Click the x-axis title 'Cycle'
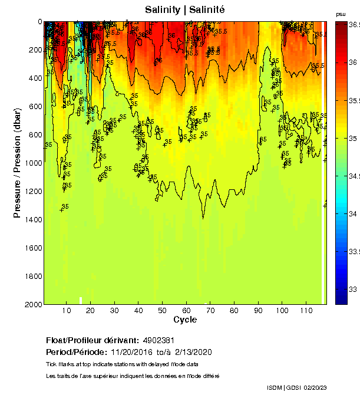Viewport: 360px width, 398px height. (185, 320)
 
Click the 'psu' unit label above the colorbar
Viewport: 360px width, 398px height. (341, 14)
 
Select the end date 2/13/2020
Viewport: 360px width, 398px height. (192, 352)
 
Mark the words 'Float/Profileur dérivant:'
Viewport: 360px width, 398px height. (93, 341)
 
